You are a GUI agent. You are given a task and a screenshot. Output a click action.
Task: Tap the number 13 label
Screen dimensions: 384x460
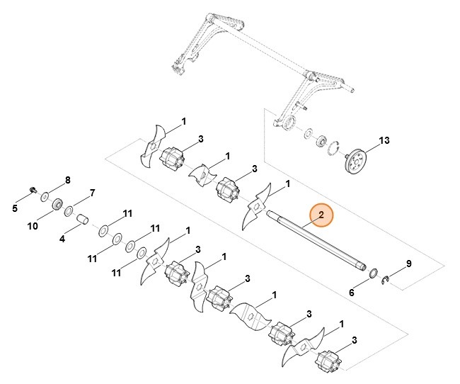(x=384, y=141)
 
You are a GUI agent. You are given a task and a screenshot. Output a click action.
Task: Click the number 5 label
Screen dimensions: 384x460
(x=15, y=208)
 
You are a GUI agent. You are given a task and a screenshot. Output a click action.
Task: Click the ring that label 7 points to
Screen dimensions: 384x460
(x=69, y=210)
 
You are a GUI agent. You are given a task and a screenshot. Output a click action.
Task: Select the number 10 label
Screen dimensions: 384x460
(x=33, y=227)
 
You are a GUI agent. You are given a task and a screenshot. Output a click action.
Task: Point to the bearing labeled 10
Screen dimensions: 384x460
(x=55, y=205)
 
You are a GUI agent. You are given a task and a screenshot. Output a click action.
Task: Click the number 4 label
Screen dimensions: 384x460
(x=62, y=239)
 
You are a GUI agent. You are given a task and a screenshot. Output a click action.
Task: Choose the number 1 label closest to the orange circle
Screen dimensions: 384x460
(x=287, y=184)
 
